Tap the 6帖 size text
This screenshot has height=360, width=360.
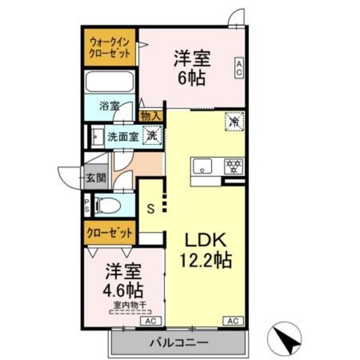click(x=192, y=78)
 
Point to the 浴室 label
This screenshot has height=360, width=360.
click(x=109, y=106)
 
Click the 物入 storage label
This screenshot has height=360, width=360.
click(x=150, y=116)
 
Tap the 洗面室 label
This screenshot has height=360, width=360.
click(x=123, y=136)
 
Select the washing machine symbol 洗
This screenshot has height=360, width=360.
click(x=152, y=135)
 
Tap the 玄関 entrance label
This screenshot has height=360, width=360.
click(x=96, y=179)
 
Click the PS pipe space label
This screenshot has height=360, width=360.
click(x=87, y=206)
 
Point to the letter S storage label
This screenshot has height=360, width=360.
click(x=150, y=208)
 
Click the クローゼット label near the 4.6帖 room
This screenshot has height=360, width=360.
click(x=110, y=232)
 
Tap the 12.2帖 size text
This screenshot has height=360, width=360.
click(x=206, y=260)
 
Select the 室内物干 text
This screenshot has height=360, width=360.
click(x=130, y=306)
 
